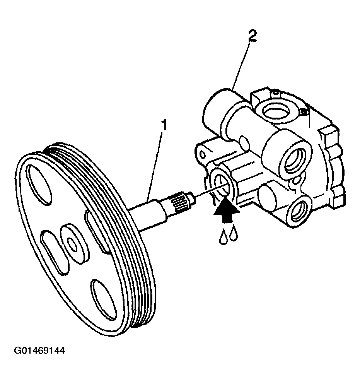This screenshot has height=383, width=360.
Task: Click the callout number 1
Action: (164, 125)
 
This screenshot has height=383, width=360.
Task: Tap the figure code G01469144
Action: (39, 351)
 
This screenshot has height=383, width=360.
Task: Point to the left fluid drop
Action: (223, 237)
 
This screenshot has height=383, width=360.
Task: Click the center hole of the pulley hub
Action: (72, 245)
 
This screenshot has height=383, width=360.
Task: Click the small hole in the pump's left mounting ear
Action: (202, 154)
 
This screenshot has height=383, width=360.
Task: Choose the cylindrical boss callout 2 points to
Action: (219, 110)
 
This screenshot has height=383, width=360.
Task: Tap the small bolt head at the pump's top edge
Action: (304, 112)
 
